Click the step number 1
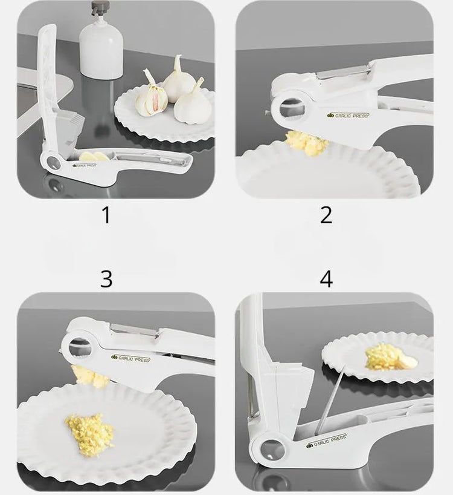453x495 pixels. point(106,215)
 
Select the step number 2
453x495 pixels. point(326,215)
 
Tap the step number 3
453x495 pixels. point(106,279)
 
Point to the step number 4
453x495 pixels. point(326,279)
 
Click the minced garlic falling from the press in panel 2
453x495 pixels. point(307,142)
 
